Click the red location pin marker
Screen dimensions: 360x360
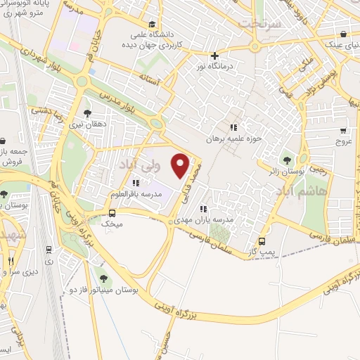181,165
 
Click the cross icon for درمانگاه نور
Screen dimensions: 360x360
215,56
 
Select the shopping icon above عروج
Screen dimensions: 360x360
342,130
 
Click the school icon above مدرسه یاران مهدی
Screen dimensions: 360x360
204,208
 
